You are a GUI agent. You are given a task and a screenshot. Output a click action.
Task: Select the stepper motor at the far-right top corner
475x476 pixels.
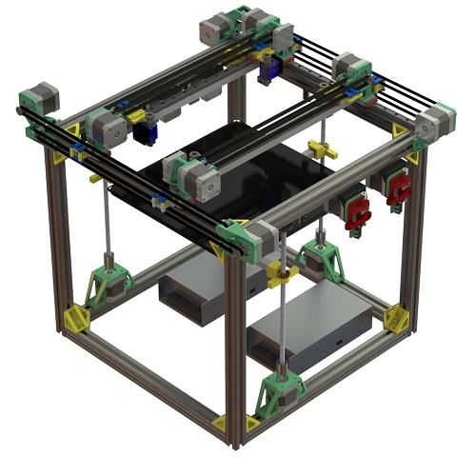click(436, 123)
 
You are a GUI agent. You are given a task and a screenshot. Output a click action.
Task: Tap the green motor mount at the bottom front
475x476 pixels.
click(282, 391)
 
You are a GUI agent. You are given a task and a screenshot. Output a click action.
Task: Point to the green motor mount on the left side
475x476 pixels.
click(110, 284)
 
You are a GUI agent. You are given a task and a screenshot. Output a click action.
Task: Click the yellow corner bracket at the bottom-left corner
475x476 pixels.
click(76, 317)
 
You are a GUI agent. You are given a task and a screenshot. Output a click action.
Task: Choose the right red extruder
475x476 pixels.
click(397, 188)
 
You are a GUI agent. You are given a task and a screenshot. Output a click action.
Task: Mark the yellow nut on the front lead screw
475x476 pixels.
click(277, 275)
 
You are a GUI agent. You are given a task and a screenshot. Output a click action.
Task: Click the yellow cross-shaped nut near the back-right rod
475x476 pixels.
click(321, 149)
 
